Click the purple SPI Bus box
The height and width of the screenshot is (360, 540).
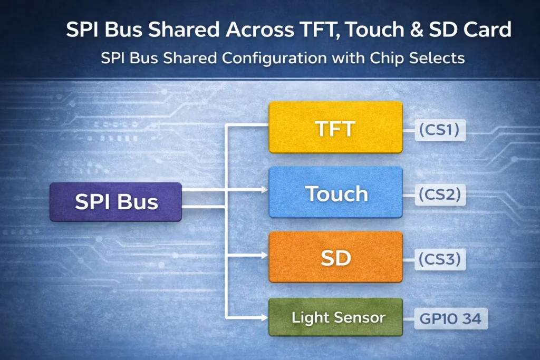[115, 202]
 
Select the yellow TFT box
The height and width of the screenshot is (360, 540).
[335, 128]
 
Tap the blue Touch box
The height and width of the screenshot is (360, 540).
[335, 193]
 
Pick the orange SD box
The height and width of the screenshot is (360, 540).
[335, 257]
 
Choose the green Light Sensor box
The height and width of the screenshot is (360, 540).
[335, 318]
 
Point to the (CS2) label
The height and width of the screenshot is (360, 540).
[440, 194]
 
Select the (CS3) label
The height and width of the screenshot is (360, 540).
[440, 259]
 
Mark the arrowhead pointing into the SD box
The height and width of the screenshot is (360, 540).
[264, 255]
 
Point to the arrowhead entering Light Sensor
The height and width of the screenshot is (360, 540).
[264, 317]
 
